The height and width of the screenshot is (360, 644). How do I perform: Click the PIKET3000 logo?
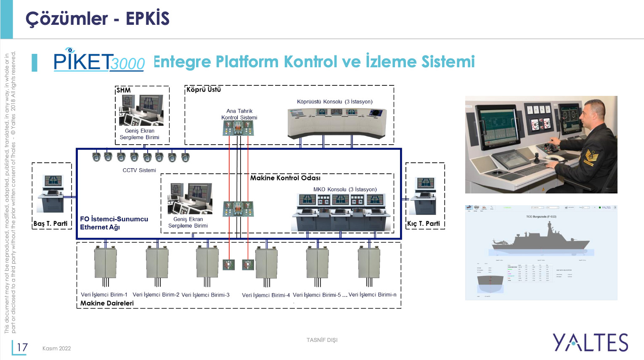coord(99,61)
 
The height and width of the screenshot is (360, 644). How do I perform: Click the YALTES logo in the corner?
coord(590,342)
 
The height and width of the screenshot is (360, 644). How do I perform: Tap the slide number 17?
coord(22,347)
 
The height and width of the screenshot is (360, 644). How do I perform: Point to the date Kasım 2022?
coord(56,348)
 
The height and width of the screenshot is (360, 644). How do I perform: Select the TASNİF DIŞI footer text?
coord(322,340)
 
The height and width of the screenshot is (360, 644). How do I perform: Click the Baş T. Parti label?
coord(50,224)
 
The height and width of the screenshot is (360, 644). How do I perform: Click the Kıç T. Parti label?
coord(423,224)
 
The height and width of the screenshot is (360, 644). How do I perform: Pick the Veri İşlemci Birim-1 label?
coord(104,295)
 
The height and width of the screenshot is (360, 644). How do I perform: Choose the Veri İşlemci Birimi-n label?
coord(372,295)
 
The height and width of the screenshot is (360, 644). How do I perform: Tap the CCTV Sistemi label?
coord(139,170)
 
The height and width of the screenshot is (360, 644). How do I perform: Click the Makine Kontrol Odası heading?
coord(285,178)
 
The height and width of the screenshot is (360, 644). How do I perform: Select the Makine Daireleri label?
coord(107,303)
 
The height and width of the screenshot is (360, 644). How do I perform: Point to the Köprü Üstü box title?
coord(204,90)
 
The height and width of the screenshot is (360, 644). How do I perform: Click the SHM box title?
coord(124,90)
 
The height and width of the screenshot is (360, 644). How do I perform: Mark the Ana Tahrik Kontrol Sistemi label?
coord(239,114)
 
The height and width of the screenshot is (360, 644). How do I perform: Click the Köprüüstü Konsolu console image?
coord(337,123)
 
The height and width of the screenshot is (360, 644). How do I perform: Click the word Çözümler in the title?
coord(67,19)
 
